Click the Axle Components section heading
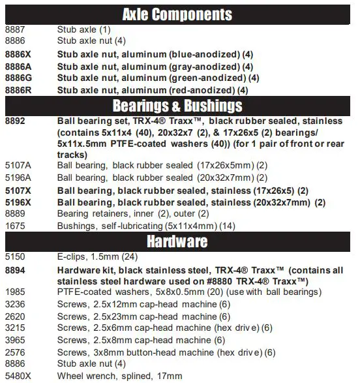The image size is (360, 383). click(177, 13)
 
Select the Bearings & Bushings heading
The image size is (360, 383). click(177, 106)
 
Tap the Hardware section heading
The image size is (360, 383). click(177, 241)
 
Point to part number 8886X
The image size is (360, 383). click(18, 55)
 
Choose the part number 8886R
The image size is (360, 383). click(18, 90)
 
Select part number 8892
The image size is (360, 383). click(16, 121)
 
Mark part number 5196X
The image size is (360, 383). click(18, 202)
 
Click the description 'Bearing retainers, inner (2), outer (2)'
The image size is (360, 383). click(133, 213)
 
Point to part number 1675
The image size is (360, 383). click(16, 225)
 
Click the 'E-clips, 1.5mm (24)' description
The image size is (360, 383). click(97, 257)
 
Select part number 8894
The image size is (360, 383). click(16, 269)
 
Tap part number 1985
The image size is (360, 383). click(16, 293)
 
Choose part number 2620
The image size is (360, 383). click(16, 316)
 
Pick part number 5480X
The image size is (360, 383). click(18, 376)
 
